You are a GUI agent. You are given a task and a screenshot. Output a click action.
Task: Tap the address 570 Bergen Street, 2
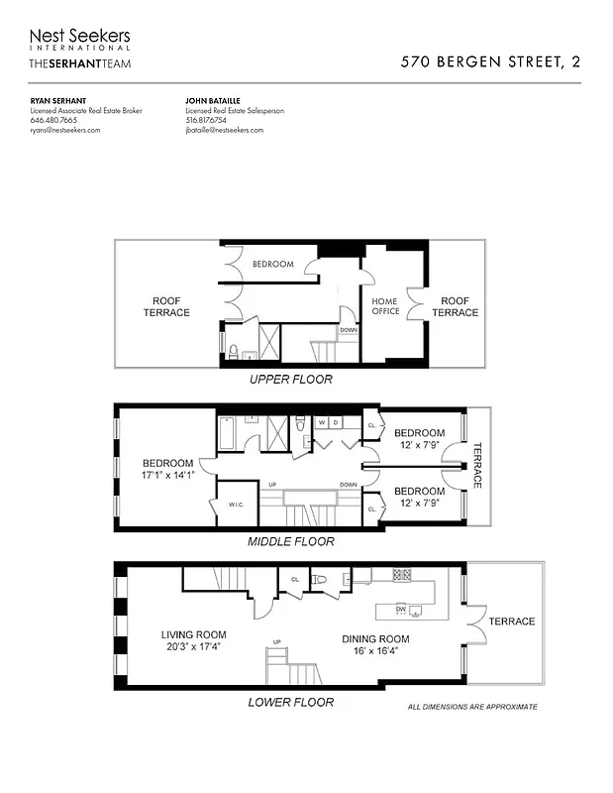[x=490, y=61]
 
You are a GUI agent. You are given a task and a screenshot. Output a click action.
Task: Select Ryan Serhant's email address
[x=65, y=130]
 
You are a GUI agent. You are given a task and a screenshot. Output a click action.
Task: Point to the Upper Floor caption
[x=290, y=380]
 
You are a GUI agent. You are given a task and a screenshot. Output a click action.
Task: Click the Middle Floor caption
[x=290, y=541]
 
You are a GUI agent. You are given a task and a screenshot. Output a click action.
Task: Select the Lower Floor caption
[x=290, y=702]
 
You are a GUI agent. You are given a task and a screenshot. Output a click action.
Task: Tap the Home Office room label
[x=385, y=305]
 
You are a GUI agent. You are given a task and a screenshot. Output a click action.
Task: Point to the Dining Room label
[x=375, y=639]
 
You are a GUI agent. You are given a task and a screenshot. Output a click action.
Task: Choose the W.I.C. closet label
[x=237, y=505]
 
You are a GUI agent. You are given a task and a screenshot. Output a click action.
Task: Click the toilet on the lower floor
[x=319, y=580]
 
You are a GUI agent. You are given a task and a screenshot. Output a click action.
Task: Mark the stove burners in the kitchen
[x=402, y=574]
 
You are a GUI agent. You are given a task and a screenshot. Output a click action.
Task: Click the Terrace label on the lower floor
[x=511, y=622]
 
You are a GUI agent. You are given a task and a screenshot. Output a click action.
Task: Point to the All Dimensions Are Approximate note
[x=472, y=707]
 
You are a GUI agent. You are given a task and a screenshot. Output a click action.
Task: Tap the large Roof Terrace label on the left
[x=170, y=306]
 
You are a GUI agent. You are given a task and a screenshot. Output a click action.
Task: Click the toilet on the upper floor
[x=232, y=349]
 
